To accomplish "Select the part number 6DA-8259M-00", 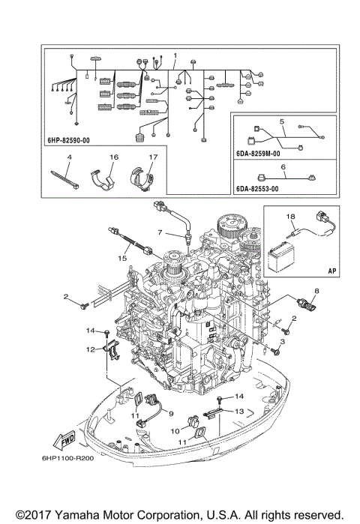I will click(256, 154).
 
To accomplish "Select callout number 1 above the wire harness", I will click(175, 56).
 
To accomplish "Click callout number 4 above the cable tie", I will click(68, 157).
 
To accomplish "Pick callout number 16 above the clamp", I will click(115, 157).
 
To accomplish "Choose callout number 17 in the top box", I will click(152, 157).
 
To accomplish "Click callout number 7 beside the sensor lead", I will click(159, 233).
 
